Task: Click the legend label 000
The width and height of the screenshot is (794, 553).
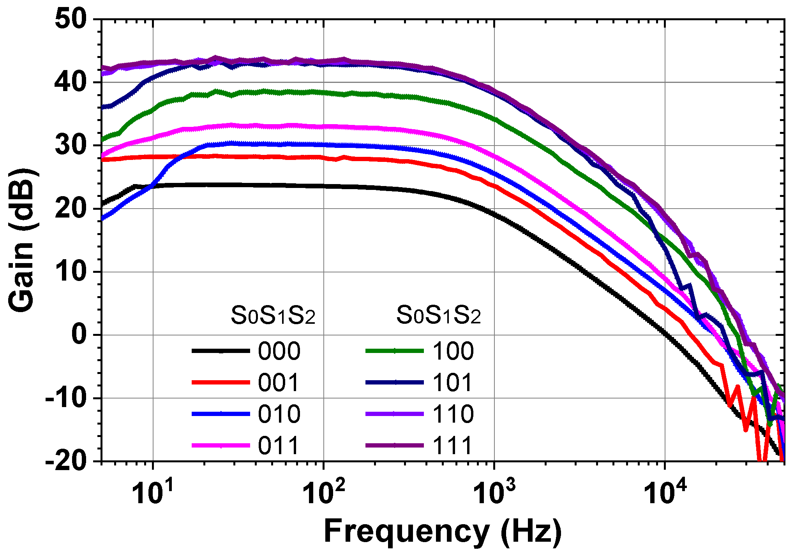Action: tap(279, 351)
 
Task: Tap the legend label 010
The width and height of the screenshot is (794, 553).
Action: tap(279, 414)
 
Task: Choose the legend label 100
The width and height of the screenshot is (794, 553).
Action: tap(453, 351)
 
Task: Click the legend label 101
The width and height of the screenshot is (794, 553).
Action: tap(453, 383)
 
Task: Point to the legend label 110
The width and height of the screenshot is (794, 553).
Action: tap(453, 414)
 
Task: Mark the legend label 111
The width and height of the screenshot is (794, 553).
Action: tap(453, 445)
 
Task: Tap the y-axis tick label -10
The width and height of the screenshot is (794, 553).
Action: tap(65, 399)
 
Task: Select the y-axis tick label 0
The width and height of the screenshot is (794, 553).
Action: tap(79, 335)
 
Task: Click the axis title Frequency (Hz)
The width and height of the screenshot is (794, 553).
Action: tap(443, 532)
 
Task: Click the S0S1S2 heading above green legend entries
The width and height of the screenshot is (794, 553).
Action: tap(439, 316)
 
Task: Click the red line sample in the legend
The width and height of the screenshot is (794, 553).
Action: tap(221, 383)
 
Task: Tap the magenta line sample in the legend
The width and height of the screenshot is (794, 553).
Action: tap(221, 445)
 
